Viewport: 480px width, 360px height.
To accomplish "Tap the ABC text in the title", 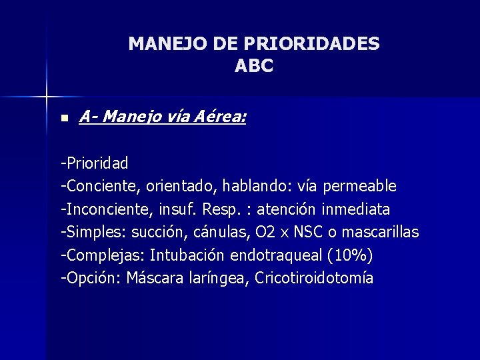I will tap(254, 67).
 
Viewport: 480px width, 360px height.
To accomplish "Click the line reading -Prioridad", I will tap(95, 163).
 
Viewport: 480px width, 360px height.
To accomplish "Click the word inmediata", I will tap(355, 209).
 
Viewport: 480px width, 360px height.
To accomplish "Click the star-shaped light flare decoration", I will tap(47, 97).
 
